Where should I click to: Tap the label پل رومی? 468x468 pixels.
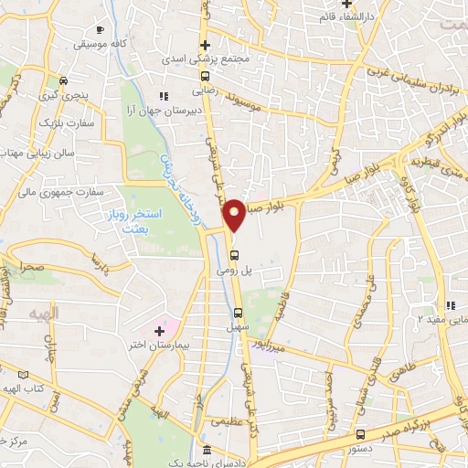pyautogui.click(x=233, y=271)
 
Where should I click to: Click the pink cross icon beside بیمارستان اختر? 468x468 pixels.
pyautogui.click(x=160, y=328)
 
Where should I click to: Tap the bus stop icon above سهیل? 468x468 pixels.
pyautogui.click(x=238, y=313)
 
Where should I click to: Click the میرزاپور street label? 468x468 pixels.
pyautogui.click(x=272, y=348)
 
